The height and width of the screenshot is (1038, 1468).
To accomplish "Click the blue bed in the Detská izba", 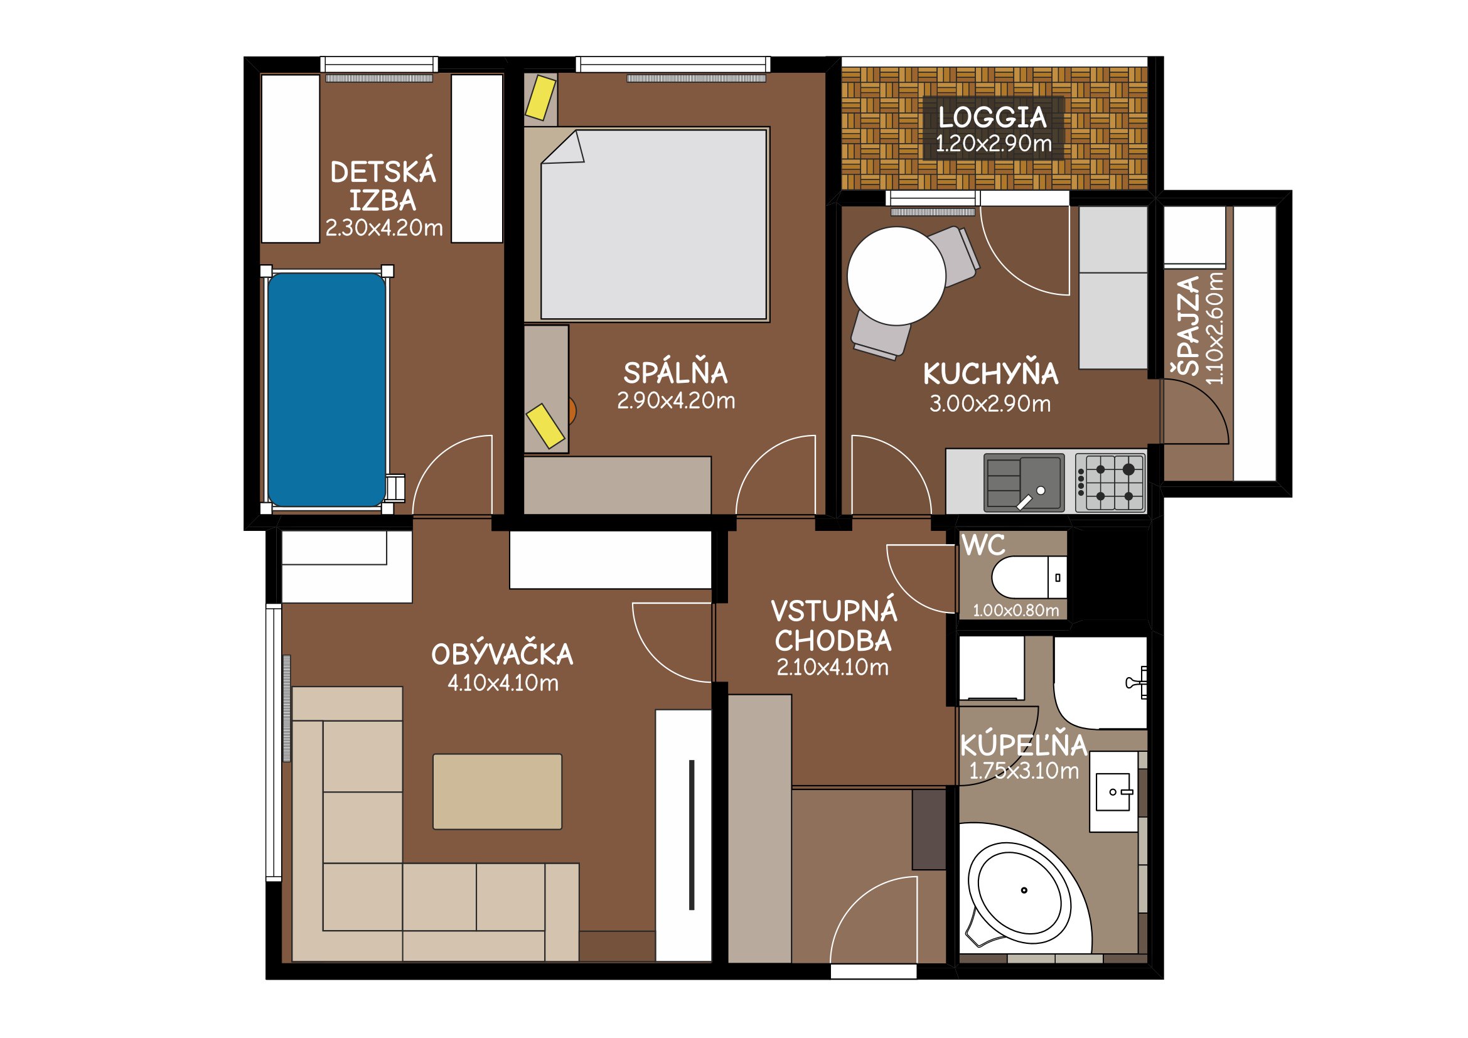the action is coord(327,390).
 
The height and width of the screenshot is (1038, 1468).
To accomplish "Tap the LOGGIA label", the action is coord(992,117).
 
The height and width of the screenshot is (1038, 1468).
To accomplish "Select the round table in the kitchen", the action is coord(896,276).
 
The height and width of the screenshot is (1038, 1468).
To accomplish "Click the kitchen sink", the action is coord(1024,483).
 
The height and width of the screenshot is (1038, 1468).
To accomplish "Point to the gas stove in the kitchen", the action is coord(1110,483).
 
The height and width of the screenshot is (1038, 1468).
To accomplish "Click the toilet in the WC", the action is coord(1029,577).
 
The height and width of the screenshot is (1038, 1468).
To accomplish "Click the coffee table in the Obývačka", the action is coord(498,791).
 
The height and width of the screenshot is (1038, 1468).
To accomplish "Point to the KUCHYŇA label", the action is coord(990,374).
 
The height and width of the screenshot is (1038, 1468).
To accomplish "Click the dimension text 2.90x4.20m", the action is coord(676,401).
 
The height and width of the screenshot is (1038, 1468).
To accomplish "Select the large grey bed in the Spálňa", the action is coord(653,224).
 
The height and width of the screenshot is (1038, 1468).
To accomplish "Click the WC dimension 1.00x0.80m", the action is coord(1016,611).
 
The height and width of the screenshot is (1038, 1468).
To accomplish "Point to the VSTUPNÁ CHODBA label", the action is coord(833,626).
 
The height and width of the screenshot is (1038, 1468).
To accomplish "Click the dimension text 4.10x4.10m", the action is coord(503,683).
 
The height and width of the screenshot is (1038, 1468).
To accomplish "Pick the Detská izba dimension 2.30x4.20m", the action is coord(383,228).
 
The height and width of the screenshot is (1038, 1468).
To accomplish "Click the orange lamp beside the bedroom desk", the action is coord(572,411).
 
